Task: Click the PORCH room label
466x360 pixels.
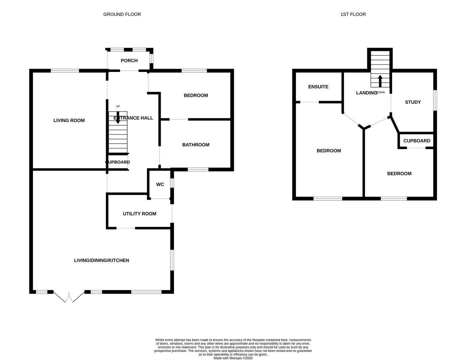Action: (129, 61)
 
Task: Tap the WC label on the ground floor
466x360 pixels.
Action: (160, 184)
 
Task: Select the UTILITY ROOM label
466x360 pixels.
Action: (139, 214)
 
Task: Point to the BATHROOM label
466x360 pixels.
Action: (196, 145)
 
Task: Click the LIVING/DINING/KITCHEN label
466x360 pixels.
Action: (101, 260)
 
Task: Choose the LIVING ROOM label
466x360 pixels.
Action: (69, 120)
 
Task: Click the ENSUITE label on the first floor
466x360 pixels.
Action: (318, 87)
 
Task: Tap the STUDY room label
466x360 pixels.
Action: (413, 102)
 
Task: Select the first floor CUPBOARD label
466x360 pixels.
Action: (417, 141)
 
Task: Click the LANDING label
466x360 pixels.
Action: (366, 93)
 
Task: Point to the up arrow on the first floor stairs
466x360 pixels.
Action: (380, 81)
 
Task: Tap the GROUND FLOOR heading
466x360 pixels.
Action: (122, 14)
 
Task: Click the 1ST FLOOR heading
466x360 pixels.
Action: (353, 14)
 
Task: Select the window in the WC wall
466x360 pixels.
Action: (172, 183)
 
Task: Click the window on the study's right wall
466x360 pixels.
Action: (435, 100)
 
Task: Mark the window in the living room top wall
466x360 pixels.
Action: (65, 71)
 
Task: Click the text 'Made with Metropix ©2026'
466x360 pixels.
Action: (233, 358)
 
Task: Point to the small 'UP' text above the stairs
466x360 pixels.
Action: (118, 106)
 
